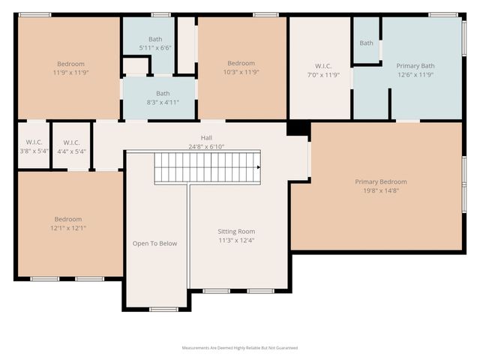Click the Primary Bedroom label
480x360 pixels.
381,181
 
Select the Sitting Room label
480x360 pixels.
236,232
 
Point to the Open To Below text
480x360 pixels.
154,243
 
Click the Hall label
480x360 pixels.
206,138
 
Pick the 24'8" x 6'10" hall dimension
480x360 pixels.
206,147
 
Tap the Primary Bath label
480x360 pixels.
415,66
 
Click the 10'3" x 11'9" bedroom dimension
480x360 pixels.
241,73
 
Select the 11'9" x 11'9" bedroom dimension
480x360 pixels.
70,73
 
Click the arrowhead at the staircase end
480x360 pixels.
258,167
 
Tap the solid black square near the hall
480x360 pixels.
298,128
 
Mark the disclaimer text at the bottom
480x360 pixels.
240,348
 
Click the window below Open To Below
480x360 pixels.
163,309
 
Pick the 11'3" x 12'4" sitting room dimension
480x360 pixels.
236,241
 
